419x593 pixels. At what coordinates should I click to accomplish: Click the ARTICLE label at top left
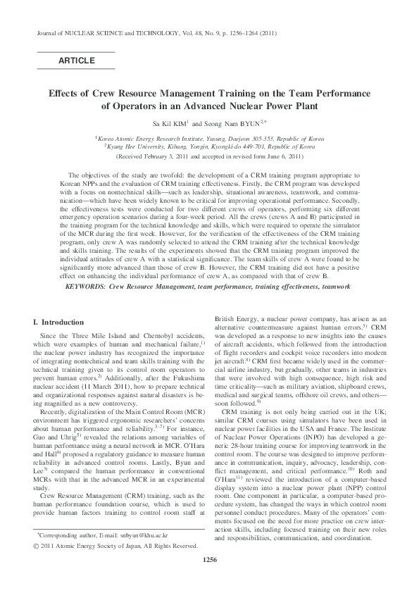(76, 61)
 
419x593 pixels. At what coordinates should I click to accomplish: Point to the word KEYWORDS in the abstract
(86, 287)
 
